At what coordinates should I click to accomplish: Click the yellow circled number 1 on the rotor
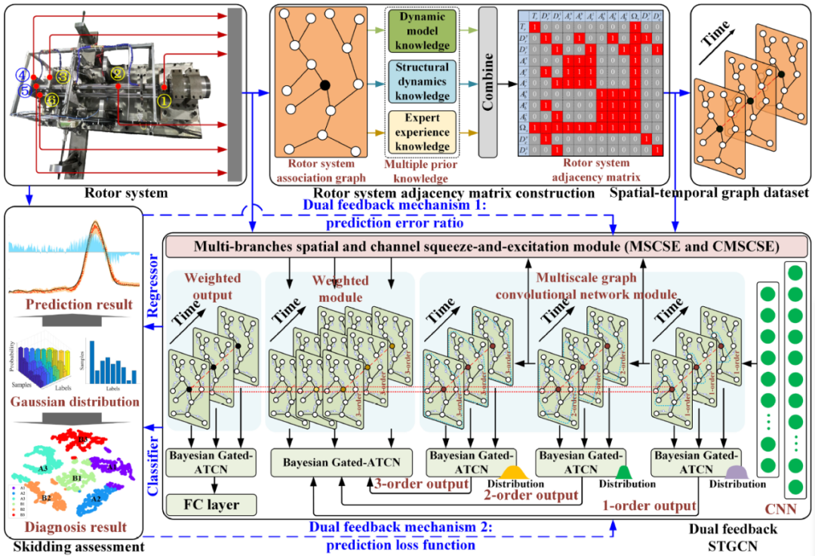[164, 97]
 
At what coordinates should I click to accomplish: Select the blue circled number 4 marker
[23, 75]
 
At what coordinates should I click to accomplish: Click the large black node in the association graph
[324, 84]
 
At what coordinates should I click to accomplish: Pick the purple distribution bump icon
[737, 472]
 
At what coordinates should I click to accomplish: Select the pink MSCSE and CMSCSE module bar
[486, 246]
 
